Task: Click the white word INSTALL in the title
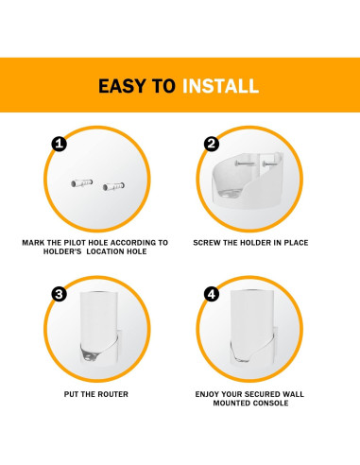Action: coord(221,86)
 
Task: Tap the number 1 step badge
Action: coord(59,145)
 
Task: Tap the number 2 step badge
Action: coord(211,145)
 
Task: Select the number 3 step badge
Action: coord(59,294)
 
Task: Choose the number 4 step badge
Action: coord(211,294)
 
